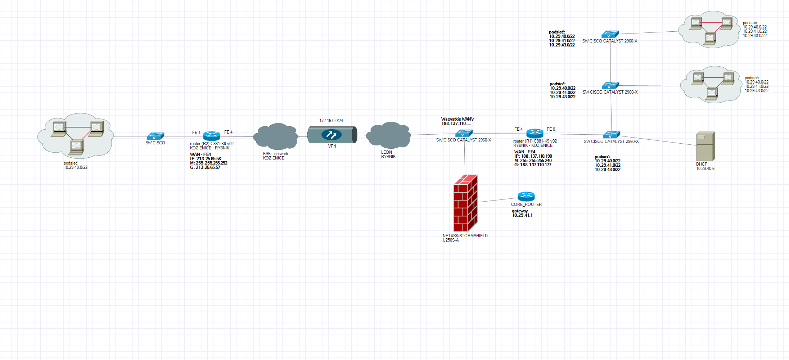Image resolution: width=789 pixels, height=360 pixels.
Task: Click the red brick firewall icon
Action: point(465,203)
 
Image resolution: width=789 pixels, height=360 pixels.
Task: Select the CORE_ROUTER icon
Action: point(526,196)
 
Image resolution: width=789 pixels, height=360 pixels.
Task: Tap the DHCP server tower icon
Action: point(705,146)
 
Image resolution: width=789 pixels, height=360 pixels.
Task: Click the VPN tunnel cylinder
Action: point(332,135)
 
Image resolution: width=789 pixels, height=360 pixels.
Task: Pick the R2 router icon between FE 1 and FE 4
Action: point(212,136)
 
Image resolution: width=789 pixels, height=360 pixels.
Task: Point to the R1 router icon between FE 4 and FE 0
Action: point(535,133)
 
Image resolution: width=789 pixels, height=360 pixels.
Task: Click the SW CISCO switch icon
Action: point(155,136)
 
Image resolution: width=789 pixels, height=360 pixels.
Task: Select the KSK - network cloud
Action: point(276,136)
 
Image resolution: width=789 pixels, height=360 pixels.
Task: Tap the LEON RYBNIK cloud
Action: point(388,135)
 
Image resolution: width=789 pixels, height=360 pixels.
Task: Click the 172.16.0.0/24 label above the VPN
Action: point(331,121)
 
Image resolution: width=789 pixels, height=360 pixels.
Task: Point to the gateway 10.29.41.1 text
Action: point(522,213)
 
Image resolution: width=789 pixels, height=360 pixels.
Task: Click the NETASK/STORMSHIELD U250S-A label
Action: point(465,238)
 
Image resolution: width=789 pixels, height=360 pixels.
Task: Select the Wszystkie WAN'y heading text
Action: point(457,119)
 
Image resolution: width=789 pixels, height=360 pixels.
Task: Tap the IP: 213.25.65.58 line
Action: point(206,159)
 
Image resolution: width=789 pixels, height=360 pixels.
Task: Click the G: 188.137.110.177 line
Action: point(533,165)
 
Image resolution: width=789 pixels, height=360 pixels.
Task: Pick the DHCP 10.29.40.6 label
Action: point(705,166)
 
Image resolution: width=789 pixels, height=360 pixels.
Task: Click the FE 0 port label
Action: point(551,129)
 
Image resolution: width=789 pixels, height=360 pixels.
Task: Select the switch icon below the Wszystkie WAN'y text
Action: point(464,133)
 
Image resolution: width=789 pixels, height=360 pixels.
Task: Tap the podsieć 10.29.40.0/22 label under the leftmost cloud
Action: point(76,165)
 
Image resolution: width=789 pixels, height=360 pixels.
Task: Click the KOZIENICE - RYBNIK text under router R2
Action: point(210,148)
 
